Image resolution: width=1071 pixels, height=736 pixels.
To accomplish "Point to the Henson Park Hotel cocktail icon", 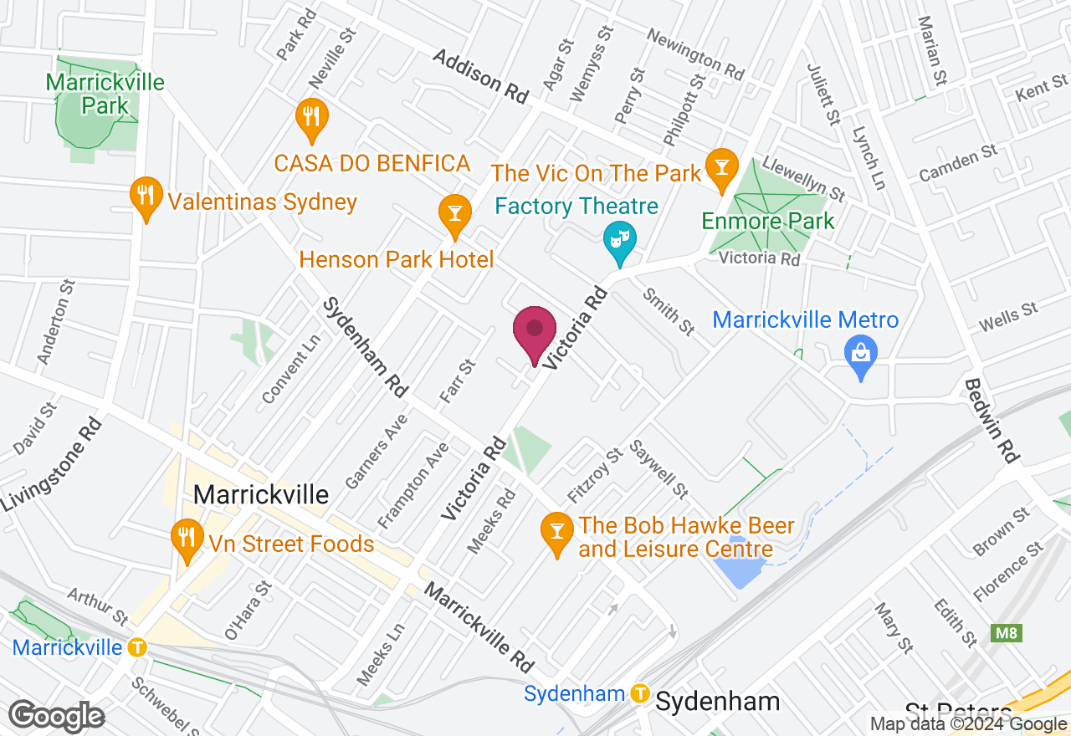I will click(x=454, y=212).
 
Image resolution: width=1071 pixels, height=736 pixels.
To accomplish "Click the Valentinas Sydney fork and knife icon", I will click(x=146, y=196).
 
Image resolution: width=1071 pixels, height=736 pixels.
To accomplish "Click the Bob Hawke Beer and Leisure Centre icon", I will click(x=555, y=529).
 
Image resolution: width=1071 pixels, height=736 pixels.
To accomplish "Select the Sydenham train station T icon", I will click(x=641, y=693).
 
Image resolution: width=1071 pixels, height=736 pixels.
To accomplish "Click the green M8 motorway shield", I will click(x=1007, y=633).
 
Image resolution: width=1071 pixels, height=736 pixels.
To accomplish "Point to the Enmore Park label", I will click(x=768, y=222).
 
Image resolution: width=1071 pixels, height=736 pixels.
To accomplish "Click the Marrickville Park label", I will click(x=105, y=95).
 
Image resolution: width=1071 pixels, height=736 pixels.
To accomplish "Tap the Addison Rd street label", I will click(x=481, y=76).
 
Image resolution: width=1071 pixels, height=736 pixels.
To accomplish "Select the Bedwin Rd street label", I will click(x=992, y=421).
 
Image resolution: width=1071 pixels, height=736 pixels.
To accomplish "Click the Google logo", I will click(x=57, y=716).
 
